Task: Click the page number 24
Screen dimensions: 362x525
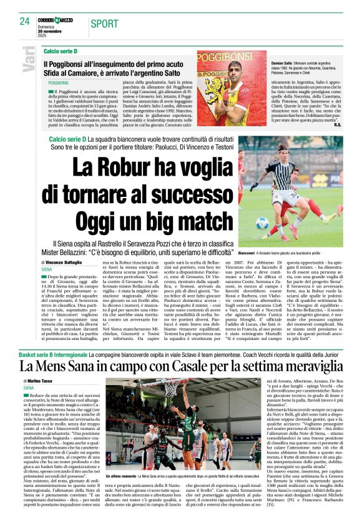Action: (25, 21)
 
